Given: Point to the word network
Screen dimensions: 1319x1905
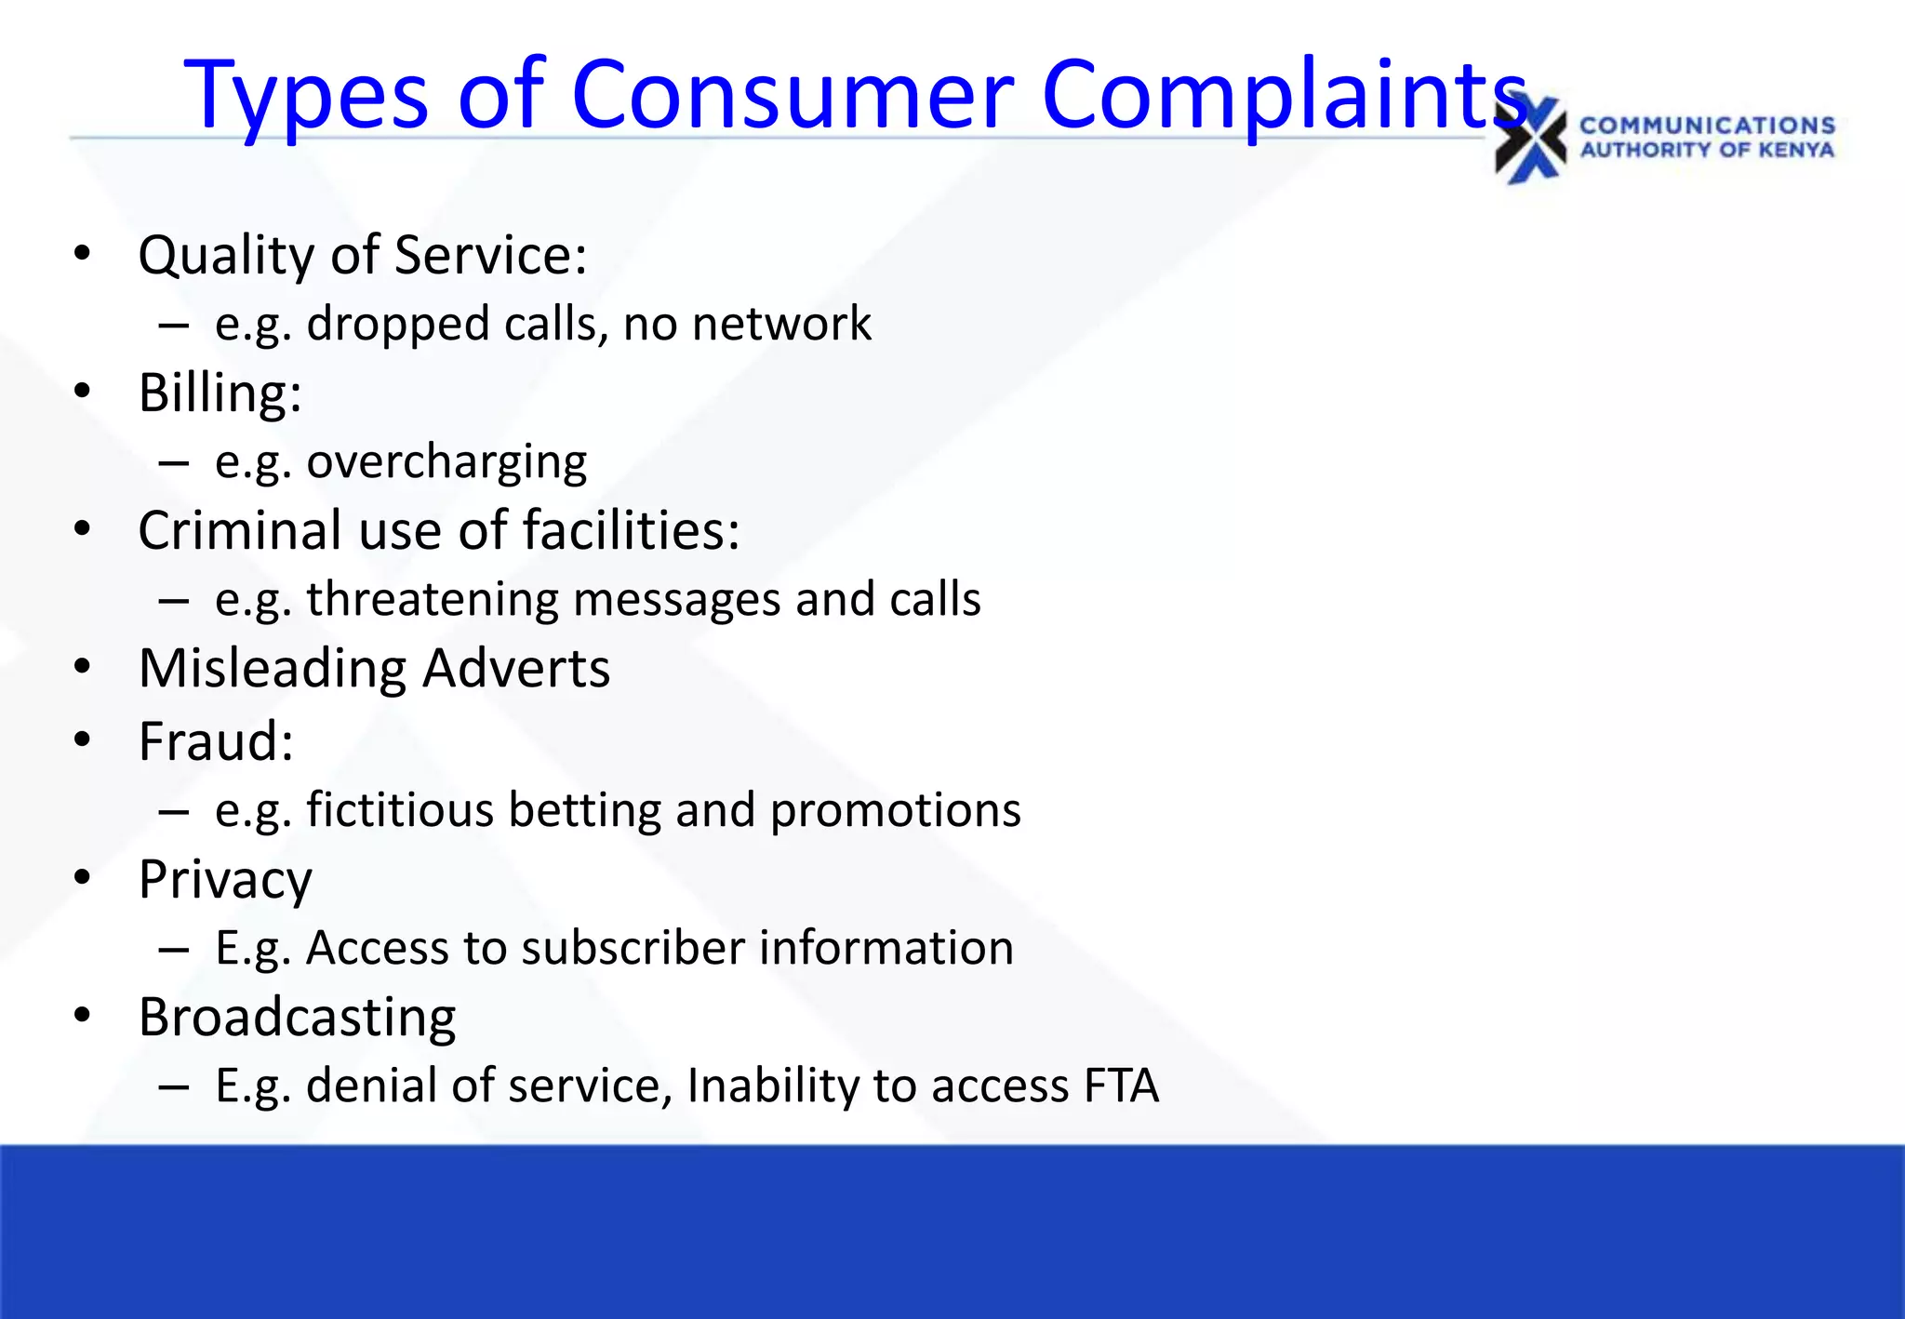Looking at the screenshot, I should [x=781, y=324].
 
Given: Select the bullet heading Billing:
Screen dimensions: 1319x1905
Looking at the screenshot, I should [x=220, y=393].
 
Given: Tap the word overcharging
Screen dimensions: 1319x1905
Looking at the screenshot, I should [x=446, y=461].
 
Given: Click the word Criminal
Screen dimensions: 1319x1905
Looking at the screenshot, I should [x=240, y=530].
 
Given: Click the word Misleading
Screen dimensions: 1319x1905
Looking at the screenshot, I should [x=272, y=668].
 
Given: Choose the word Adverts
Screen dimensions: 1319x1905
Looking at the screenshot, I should [x=516, y=668].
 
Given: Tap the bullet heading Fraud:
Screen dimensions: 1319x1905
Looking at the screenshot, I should [x=216, y=741].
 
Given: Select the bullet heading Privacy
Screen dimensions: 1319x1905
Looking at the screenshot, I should [x=225, y=880].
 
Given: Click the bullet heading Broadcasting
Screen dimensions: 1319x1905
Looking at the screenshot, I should [x=297, y=1017].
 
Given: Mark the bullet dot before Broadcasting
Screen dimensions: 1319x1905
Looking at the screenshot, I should [x=83, y=1016].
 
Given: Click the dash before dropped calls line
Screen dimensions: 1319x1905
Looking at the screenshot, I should [x=174, y=326].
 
